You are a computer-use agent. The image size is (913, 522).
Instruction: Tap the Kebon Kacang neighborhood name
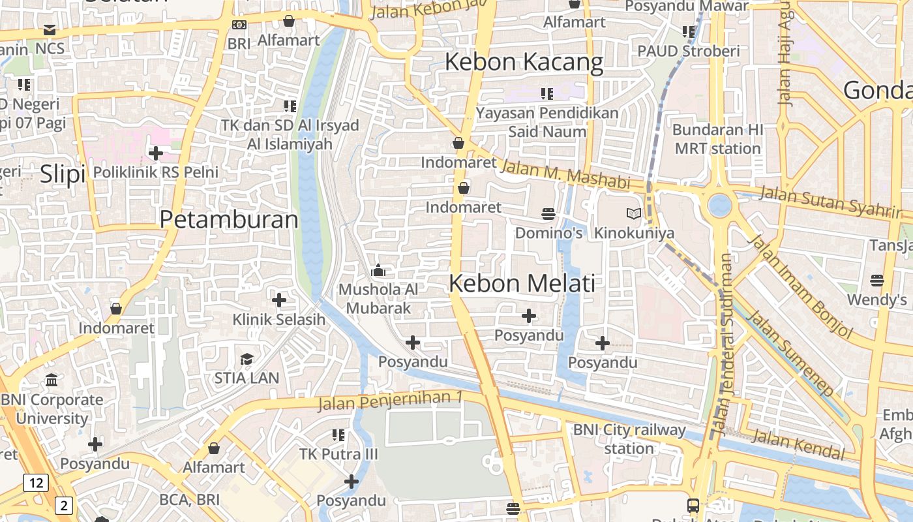(x=524, y=63)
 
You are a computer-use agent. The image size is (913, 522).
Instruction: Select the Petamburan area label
(x=229, y=220)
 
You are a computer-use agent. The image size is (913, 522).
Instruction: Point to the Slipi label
(x=63, y=175)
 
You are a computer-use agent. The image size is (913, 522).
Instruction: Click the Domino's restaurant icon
(x=548, y=213)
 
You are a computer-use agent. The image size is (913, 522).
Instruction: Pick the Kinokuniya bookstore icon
(x=633, y=213)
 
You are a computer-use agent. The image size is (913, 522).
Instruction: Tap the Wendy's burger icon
(x=877, y=281)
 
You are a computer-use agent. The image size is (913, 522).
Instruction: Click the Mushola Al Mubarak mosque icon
(x=378, y=269)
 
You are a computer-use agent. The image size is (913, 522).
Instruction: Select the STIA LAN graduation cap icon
(x=247, y=359)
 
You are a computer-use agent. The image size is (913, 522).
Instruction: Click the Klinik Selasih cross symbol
(x=279, y=300)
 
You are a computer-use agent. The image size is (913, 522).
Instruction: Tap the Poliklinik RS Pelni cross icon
(x=155, y=153)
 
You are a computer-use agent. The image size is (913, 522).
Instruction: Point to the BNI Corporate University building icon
(x=52, y=380)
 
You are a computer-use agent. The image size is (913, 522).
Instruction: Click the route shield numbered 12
(x=35, y=483)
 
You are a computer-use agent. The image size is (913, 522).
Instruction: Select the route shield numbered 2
(x=63, y=504)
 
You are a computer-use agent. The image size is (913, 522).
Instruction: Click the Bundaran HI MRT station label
(x=717, y=139)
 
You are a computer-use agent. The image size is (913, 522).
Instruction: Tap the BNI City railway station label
(x=629, y=439)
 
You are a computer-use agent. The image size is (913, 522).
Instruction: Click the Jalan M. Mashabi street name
(x=565, y=175)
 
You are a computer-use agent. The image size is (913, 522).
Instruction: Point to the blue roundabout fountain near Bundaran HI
(x=719, y=205)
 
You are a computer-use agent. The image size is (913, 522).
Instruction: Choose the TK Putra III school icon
(x=338, y=435)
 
